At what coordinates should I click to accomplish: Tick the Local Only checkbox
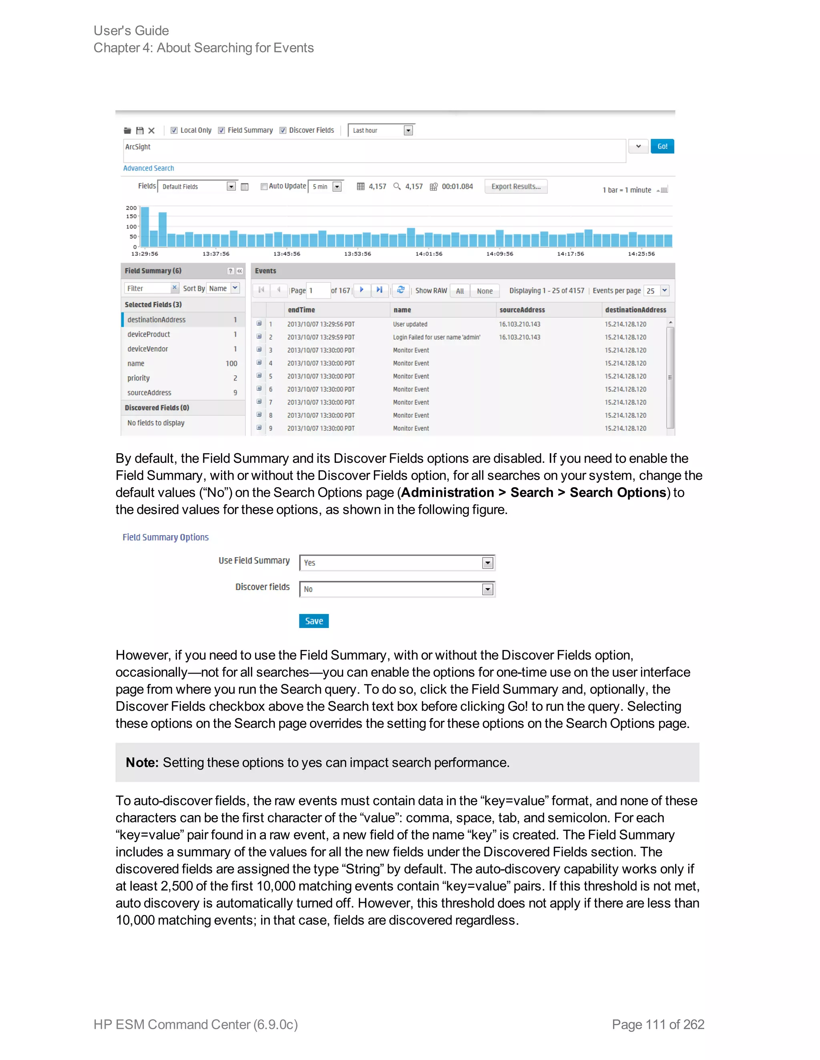pyautogui.click(x=174, y=130)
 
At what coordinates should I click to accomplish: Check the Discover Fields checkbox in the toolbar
pyautogui.click(x=283, y=130)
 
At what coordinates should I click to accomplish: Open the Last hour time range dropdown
pyautogui.click(x=408, y=130)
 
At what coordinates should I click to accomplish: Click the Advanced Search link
pyautogui.click(x=148, y=168)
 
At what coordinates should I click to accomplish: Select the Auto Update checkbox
pyautogui.click(x=264, y=186)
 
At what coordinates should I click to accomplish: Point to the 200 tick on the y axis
pyautogui.click(x=131, y=208)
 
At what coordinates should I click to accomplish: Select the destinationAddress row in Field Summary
pyautogui.click(x=157, y=319)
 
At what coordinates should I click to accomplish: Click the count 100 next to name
pyautogui.click(x=231, y=364)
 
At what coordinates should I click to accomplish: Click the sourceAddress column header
pyautogui.click(x=522, y=310)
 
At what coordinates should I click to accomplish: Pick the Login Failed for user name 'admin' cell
pyautogui.click(x=436, y=337)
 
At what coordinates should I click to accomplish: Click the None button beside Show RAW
pyautogui.click(x=484, y=291)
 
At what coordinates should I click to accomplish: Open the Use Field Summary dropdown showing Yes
pyautogui.click(x=487, y=562)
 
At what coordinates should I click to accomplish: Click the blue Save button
pyautogui.click(x=314, y=621)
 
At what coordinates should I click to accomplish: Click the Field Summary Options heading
pyautogui.click(x=165, y=537)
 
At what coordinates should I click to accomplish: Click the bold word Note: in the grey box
pyautogui.click(x=142, y=762)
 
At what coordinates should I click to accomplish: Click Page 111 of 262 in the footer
pyautogui.click(x=658, y=1024)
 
